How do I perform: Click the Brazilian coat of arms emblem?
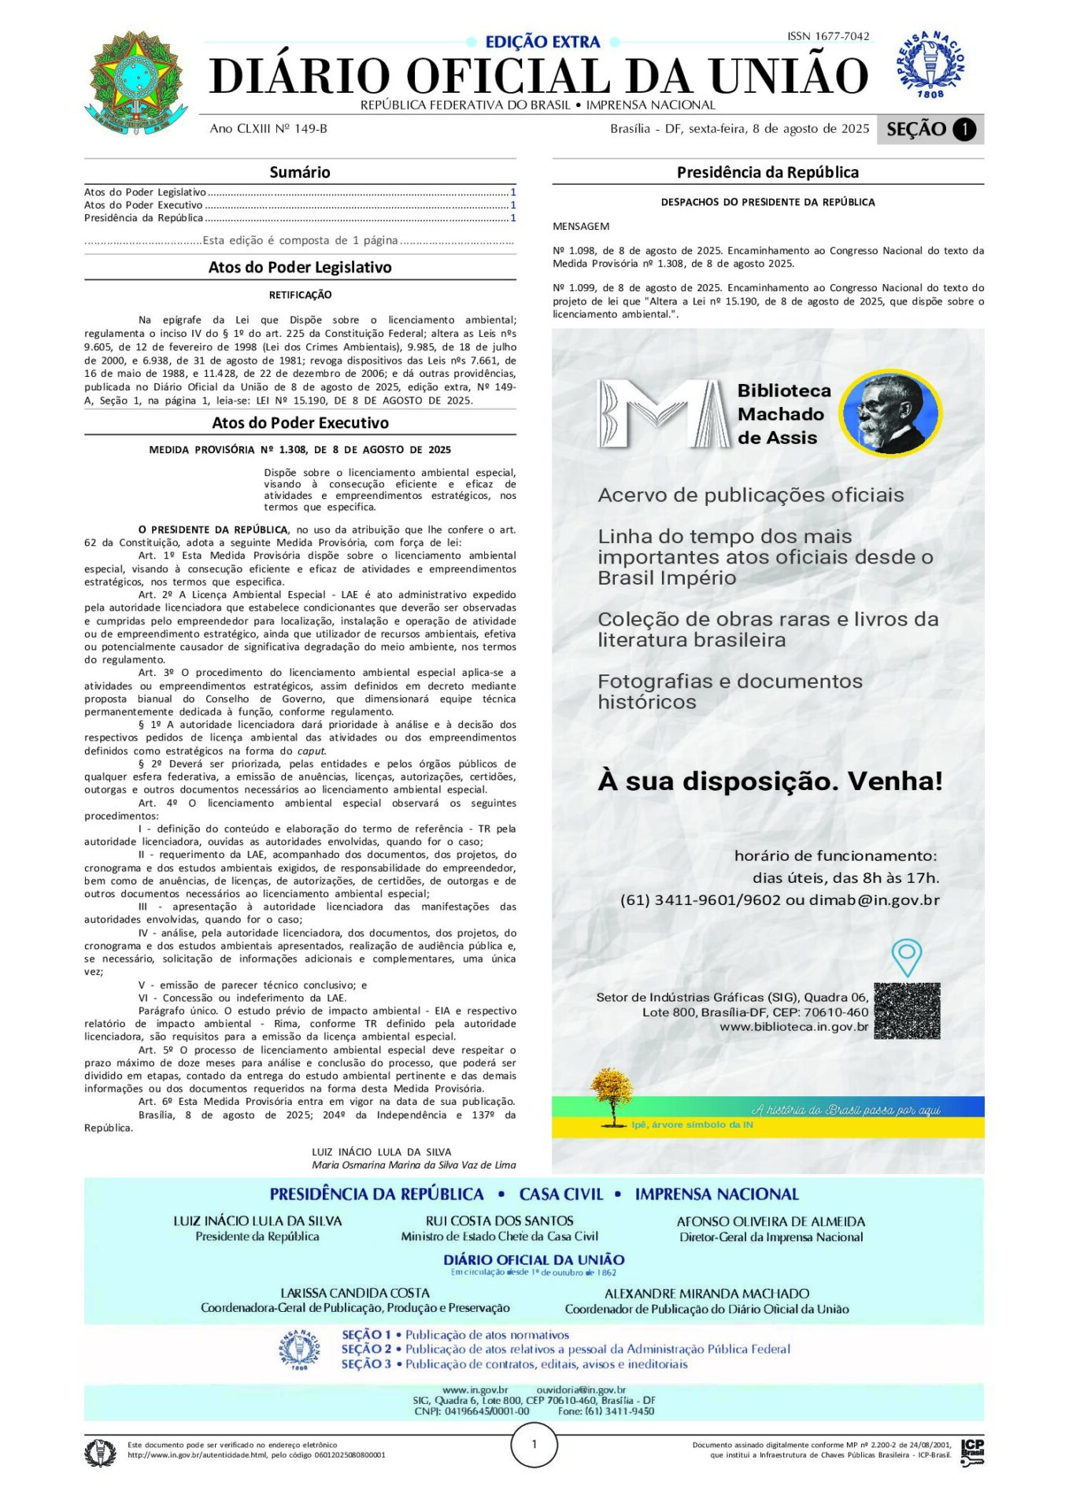click(136, 82)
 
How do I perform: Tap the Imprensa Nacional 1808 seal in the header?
click(930, 65)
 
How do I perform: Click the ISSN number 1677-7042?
click(828, 36)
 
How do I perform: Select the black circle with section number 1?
click(964, 130)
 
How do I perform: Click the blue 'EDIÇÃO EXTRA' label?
click(542, 42)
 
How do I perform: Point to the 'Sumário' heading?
click(300, 172)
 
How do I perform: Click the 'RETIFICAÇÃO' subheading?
click(300, 295)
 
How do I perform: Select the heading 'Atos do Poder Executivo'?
click(300, 423)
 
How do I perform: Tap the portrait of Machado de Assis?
click(890, 412)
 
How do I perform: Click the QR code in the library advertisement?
click(907, 1010)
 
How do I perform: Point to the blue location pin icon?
click(906, 957)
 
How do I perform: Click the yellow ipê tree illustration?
click(612, 1096)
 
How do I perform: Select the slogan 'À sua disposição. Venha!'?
click(770, 781)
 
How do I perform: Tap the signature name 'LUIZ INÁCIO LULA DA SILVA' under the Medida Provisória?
click(382, 1152)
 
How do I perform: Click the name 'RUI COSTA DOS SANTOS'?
click(499, 1221)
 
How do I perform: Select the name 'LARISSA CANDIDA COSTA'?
click(355, 1294)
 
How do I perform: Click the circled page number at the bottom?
click(534, 1445)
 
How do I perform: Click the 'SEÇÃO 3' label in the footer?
click(366, 1365)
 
